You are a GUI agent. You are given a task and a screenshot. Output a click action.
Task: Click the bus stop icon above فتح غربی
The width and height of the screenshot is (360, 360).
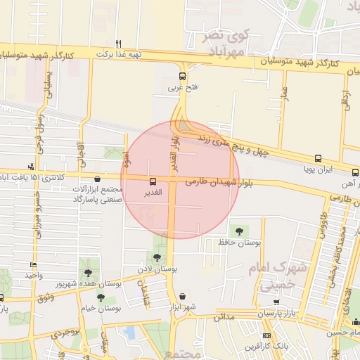pos(183,76)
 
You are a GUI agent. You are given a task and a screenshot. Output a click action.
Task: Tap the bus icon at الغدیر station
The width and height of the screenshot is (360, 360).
pos(153,181)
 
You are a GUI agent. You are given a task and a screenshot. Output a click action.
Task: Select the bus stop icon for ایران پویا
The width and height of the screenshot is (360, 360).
pos(318,159)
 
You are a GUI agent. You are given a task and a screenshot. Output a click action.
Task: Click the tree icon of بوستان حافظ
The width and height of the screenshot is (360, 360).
pos(239,231)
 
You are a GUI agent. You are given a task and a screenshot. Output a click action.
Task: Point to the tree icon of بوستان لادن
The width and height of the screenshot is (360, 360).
pos(156,257)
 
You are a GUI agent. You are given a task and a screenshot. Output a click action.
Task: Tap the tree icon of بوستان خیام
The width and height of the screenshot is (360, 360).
pos(101,297)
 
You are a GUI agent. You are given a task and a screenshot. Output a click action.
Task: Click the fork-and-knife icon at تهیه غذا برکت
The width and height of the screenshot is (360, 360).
pos(119,43)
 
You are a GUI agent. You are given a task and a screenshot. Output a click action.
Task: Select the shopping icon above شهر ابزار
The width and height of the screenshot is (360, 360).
pos(184,297)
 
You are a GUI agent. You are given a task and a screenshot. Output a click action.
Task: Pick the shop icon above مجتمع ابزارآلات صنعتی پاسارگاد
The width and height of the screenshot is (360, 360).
pos(97,180)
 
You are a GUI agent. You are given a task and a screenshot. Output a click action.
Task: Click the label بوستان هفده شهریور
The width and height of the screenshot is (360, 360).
pos(85,283)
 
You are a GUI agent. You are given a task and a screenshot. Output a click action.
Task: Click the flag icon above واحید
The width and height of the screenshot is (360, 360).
pos(33,264)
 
